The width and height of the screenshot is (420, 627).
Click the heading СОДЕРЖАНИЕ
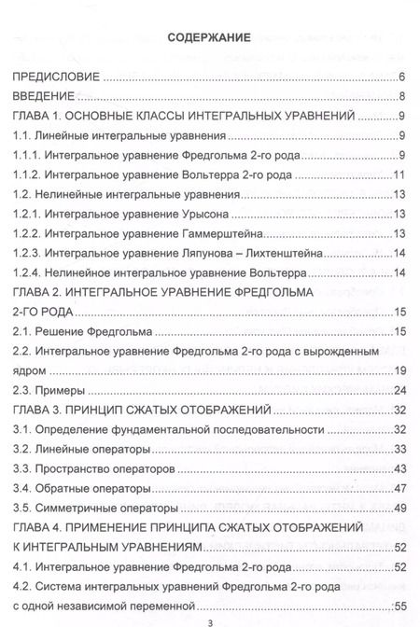coord(209,40)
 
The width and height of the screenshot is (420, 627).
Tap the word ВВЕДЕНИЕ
coord(43,97)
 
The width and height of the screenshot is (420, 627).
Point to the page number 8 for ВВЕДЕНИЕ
coord(399,97)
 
